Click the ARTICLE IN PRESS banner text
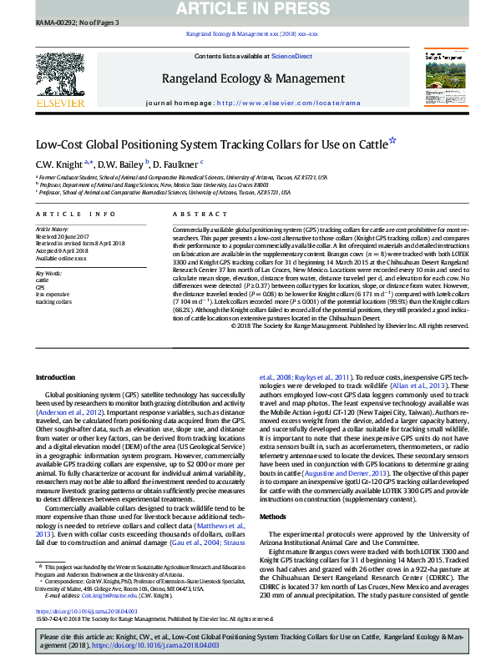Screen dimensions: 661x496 [x=247, y=9]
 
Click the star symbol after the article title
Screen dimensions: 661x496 [x=392, y=142]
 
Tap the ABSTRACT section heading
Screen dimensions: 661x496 [x=188, y=214]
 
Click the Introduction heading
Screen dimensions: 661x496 [x=54, y=378]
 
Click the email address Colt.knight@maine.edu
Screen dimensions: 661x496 [x=99, y=594]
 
